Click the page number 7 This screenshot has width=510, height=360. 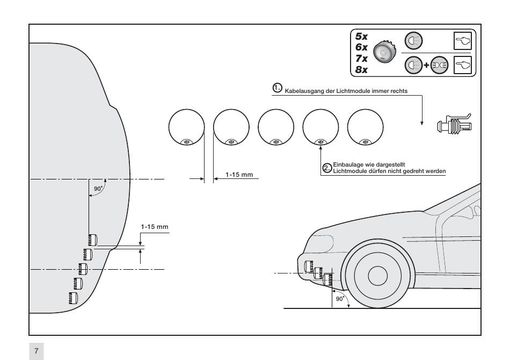(x=36, y=351)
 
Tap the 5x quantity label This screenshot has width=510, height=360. (x=361, y=36)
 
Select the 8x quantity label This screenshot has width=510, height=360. (x=361, y=70)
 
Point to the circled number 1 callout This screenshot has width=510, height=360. (x=277, y=88)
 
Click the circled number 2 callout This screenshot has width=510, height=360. (x=327, y=168)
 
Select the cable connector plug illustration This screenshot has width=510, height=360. (x=454, y=124)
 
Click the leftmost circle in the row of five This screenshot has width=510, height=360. (x=187, y=127)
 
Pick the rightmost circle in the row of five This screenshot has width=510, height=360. (x=365, y=127)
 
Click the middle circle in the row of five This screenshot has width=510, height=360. (x=276, y=127)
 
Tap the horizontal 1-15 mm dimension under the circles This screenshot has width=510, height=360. (x=239, y=175)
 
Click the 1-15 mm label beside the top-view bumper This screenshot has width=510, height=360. (x=155, y=227)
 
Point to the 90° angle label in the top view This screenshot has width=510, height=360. (x=98, y=189)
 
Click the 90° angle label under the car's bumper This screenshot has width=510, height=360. (x=340, y=299)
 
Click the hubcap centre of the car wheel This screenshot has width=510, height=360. (x=377, y=276)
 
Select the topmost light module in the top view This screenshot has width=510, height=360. (x=92, y=240)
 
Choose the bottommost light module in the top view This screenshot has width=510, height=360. (x=73, y=298)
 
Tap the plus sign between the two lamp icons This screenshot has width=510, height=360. (x=426, y=65)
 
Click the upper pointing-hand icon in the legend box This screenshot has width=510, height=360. (x=463, y=41)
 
